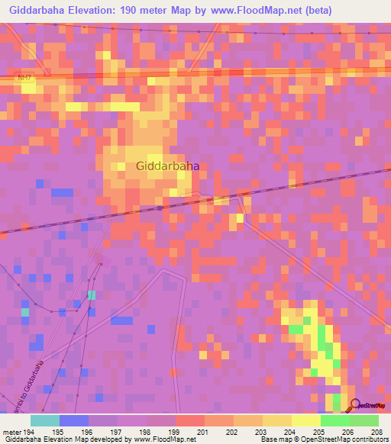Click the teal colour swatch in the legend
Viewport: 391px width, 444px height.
click(45, 420)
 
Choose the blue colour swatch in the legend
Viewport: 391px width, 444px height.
click(74, 420)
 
